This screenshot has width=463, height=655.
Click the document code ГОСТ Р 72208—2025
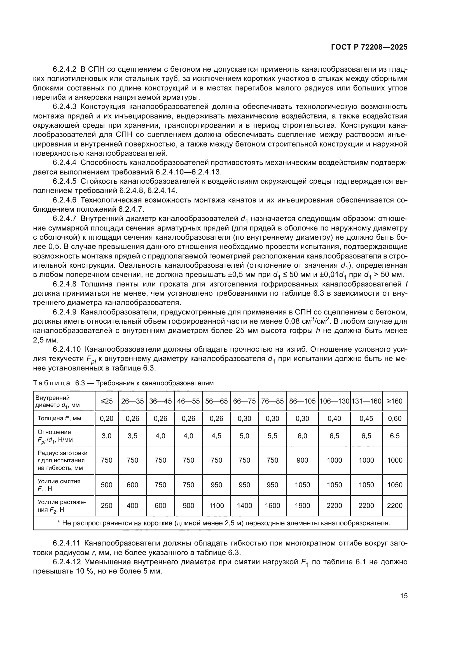point(369,47)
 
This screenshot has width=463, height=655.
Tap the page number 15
point(404,596)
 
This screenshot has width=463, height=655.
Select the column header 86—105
point(302,401)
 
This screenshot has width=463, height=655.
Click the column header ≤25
point(107,401)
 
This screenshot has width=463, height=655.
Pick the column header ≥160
point(395,401)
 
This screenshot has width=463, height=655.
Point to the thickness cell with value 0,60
point(395,418)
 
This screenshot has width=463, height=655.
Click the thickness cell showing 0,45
point(366,418)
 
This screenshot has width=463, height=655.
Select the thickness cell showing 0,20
point(107,418)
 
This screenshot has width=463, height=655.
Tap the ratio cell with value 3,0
point(107,436)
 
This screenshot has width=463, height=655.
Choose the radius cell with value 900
point(302,460)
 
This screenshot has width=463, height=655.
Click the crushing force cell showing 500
point(107,485)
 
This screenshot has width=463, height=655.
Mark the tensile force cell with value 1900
point(302,505)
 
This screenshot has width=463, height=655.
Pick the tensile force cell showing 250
point(107,505)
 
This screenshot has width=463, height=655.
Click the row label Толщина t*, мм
point(59,418)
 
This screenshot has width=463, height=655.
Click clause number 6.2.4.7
point(64,219)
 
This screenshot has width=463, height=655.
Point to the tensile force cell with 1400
point(244,505)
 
